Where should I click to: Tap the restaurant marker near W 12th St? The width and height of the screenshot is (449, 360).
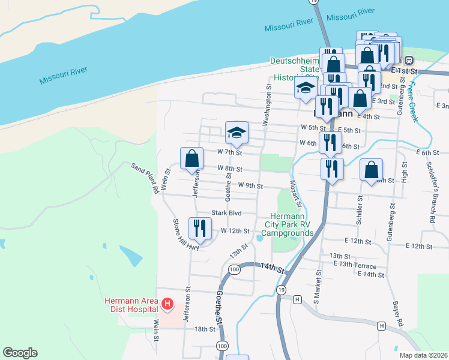pos(199,228)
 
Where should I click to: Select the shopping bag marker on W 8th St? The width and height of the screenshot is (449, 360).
pos(191,159)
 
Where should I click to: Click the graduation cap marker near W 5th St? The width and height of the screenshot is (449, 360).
pos(237,133)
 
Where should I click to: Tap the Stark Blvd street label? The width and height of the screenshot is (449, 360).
pos(226,213)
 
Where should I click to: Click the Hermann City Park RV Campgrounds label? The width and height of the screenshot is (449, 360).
pos(290,224)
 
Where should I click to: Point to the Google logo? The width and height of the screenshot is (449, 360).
pos(20,353)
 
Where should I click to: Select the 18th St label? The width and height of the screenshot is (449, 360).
pos(204,329)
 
